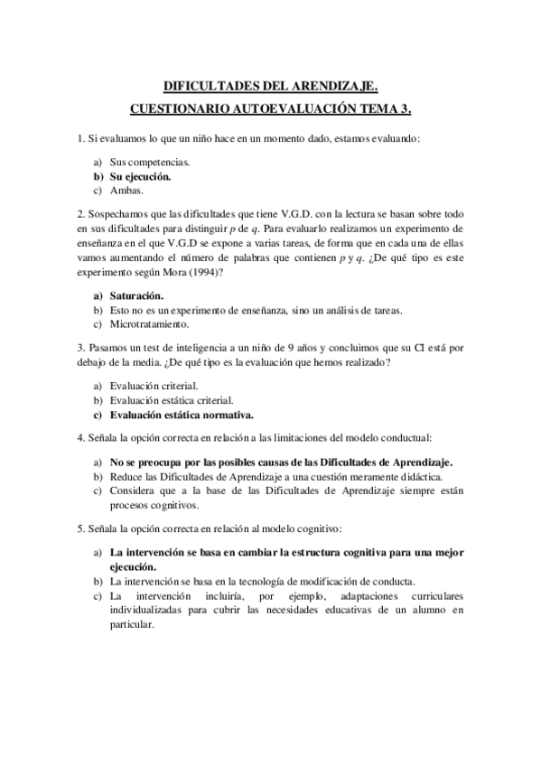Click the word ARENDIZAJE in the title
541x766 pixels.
334,87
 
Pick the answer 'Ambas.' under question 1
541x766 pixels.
127,191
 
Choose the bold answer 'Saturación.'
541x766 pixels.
136,295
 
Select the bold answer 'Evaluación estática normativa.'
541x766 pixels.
182,416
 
